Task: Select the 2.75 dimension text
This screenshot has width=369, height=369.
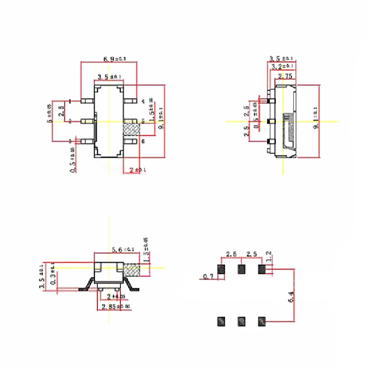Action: tap(285, 76)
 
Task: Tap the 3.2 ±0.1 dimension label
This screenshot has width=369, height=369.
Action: tap(283, 67)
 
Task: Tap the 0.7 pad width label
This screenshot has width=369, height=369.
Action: tap(208, 277)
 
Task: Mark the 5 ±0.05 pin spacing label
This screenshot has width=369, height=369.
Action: tap(49, 113)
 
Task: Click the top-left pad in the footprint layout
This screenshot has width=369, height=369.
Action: tap(221, 269)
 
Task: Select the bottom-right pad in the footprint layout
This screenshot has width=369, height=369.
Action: tap(262, 321)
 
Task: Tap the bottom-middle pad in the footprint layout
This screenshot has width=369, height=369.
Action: tap(241, 321)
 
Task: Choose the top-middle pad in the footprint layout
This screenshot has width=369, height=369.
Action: tap(241, 269)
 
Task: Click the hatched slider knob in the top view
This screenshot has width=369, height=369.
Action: tap(131, 129)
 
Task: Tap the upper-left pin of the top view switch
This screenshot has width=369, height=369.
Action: tap(86, 101)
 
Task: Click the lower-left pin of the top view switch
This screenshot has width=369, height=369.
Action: tap(86, 141)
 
